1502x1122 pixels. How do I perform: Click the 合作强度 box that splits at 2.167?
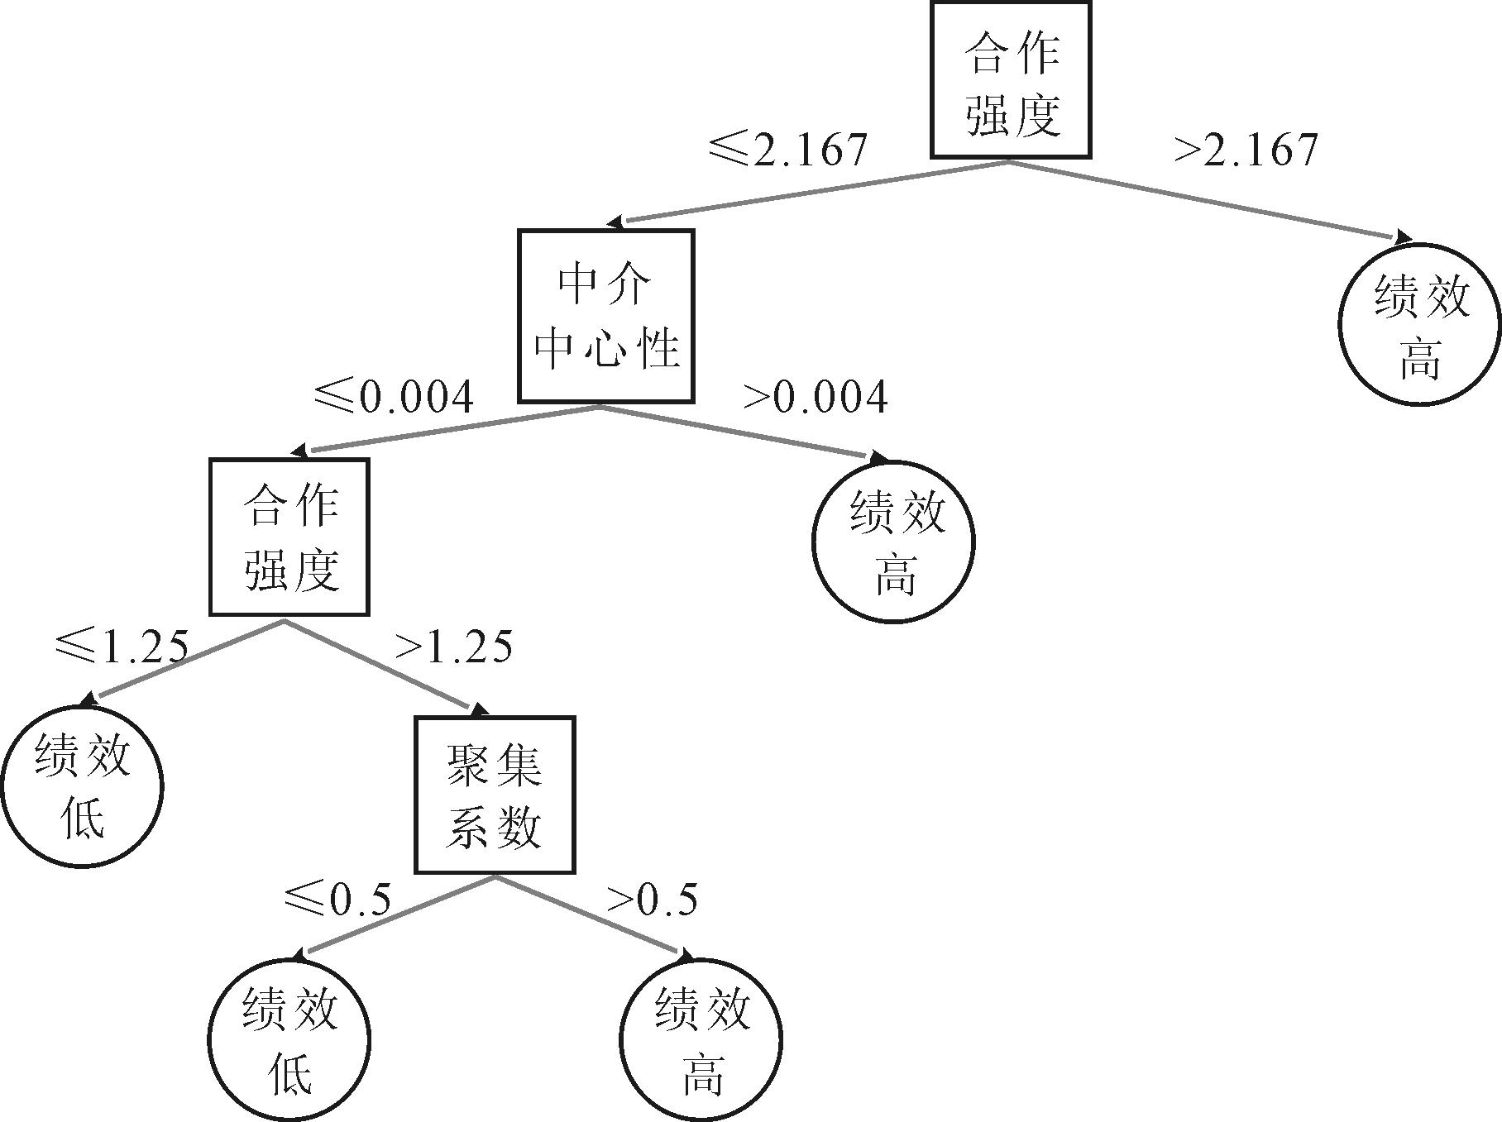[x=1011, y=80]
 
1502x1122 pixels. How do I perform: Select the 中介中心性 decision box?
[x=605, y=316]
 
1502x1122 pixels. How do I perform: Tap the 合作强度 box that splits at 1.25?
[x=289, y=537]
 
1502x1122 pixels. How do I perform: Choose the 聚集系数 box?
[x=494, y=795]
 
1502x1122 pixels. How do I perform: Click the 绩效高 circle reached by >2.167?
[x=1419, y=325]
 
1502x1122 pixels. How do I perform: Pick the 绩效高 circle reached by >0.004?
[x=893, y=542]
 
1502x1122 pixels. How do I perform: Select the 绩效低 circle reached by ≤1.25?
[x=82, y=786]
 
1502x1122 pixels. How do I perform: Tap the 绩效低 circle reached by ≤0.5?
[x=289, y=1039]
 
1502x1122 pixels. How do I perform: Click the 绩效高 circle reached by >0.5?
[x=701, y=1039]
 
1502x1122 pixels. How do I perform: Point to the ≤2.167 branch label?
[x=788, y=149]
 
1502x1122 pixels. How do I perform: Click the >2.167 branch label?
[x=1246, y=150]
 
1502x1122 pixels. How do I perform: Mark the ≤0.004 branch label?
[x=394, y=396]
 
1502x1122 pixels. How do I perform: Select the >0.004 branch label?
[x=816, y=397]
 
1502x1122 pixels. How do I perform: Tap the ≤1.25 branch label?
[x=122, y=646]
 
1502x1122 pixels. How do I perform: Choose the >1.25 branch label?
[x=454, y=646]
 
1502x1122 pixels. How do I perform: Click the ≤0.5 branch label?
[x=337, y=899]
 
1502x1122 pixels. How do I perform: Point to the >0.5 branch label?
[x=653, y=899]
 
